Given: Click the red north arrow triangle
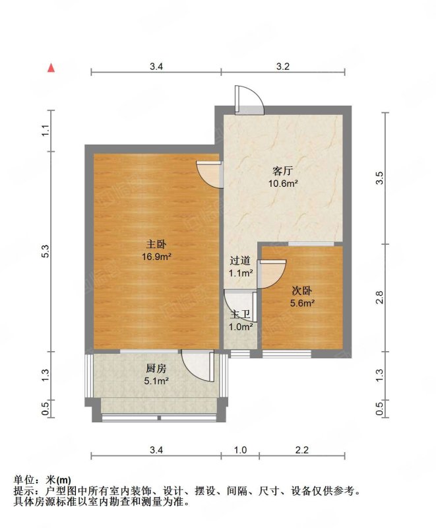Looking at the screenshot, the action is tap(51, 68).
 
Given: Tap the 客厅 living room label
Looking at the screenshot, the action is tap(282, 171).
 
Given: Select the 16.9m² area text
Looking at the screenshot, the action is tap(156, 257).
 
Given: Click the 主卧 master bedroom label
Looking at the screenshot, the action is tap(156, 244).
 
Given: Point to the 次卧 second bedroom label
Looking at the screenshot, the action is tap(301, 290).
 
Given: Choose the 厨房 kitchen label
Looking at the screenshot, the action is tap(156, 369).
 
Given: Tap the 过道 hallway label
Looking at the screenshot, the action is tap(240, 261).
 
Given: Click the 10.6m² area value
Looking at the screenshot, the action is tap(282, 184).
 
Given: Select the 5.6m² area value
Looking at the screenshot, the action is tap(302, 304).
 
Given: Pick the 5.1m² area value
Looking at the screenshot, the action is tap(156, 381).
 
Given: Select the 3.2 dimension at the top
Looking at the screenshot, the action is tap(283, 67).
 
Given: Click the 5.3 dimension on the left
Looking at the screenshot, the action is tap(46, 251).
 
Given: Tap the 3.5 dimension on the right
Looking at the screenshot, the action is tap(379, 178).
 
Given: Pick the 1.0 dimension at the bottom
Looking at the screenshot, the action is tap(240, 450).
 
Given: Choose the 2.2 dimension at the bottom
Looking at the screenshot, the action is tap(301, 450).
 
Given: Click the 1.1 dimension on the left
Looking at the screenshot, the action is tap(46, 131).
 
